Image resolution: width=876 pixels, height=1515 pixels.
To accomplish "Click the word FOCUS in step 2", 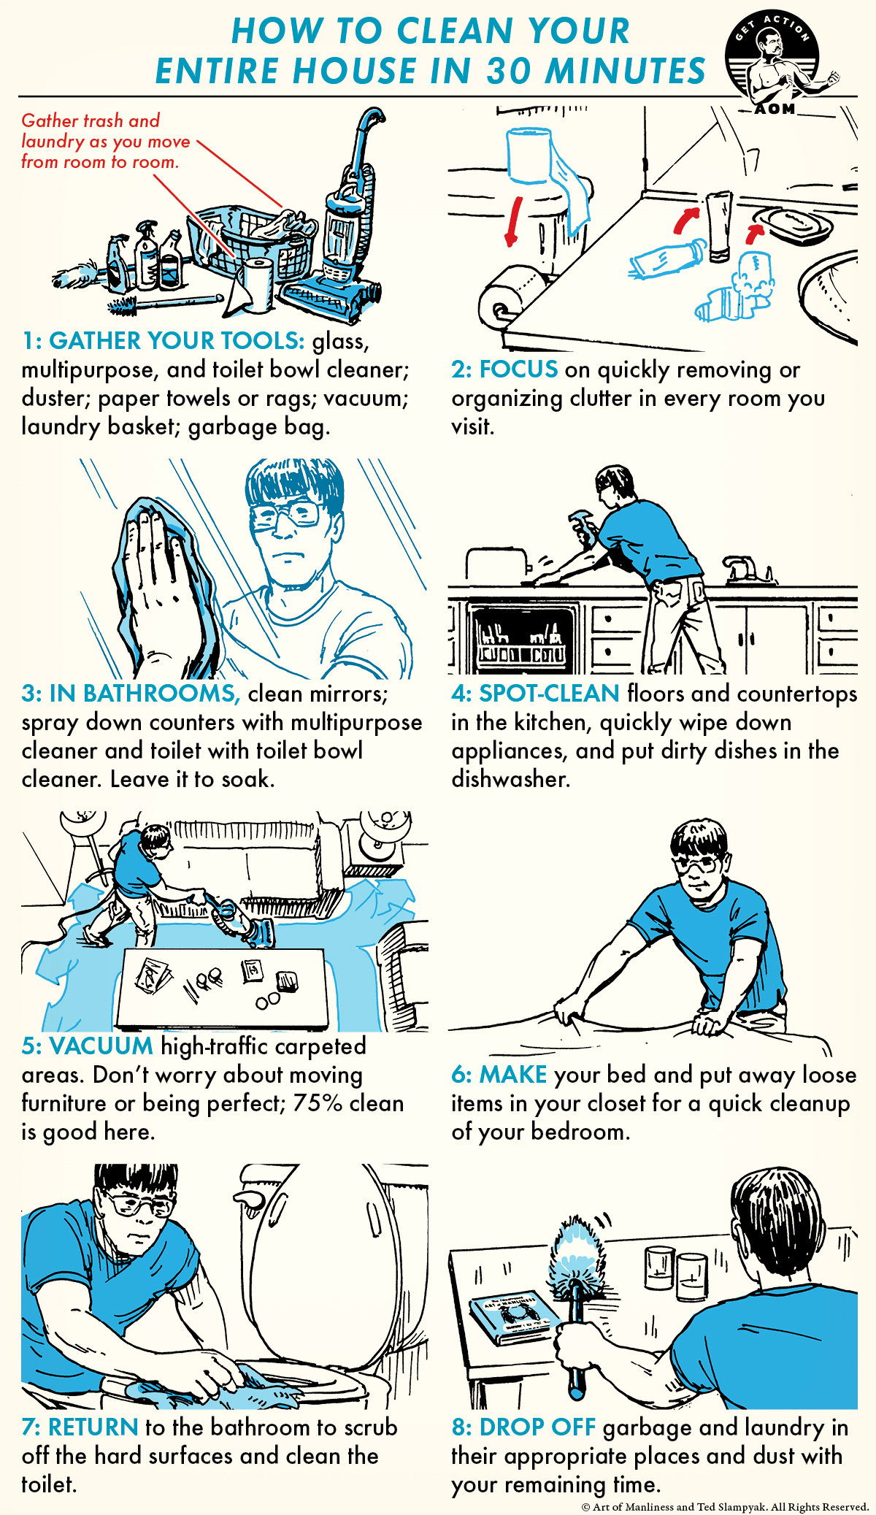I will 518,369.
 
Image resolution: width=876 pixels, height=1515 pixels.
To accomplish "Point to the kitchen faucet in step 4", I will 745,569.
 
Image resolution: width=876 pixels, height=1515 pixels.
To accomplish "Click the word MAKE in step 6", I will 513,1075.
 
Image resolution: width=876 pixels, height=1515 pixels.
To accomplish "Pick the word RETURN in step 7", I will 93,1427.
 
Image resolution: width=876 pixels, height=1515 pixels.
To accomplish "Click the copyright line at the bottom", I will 724,1506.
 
